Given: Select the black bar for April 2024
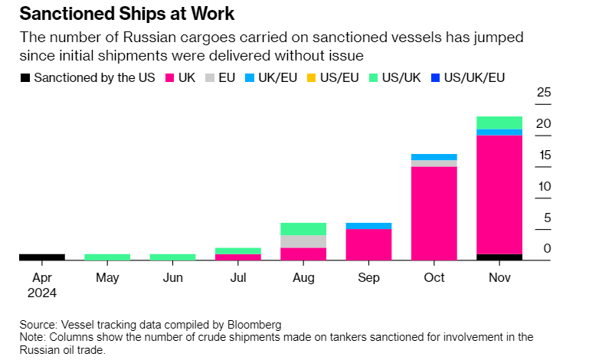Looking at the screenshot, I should pyautogui.click(x=42, y=257).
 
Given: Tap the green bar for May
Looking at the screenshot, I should pyautogui.click(x=107, y=257).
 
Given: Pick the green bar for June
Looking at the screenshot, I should pyautogui.click(x=172, y=257).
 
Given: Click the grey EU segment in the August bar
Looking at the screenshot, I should pyautogui.click(x=303, y=241).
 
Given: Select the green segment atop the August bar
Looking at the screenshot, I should pyautogui.click(x=303, y=229).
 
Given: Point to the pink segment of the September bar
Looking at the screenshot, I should pyautogui.click(x=368, y=244).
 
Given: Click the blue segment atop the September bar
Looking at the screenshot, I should pyautogui.click(x=368, y=226).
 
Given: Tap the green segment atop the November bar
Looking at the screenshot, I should pyautogui.click(x=499, y=123).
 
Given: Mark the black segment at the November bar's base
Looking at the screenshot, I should pyautogui.click(x=499, y=257).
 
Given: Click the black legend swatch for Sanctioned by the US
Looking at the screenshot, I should pyautogui.click(x=25, y=77).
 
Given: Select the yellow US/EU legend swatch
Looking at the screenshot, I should pyautogui.click(x=310, y=77).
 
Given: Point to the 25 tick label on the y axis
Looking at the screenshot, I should pyautogui.click(x=544, y=93).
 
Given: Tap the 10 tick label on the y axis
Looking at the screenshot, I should pyautogui.click(x=544, y=186).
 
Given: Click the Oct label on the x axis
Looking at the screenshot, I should pyautogui.click(x=434, y=277).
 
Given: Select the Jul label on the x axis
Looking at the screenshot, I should pyautogui.click(x=237, y=277).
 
